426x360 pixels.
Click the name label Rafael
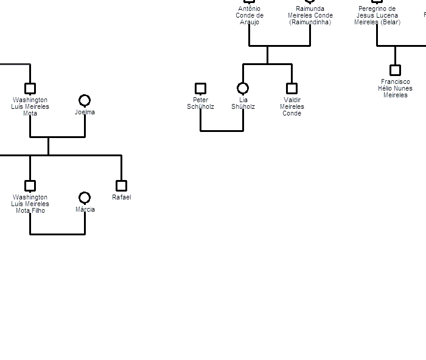[122, 198]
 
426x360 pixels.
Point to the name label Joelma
[85, 112]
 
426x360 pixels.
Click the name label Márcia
[85, 209]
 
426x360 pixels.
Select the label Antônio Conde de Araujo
[250, 15]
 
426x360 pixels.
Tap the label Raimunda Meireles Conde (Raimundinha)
[310, 15]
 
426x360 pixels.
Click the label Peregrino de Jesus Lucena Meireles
[377, 15]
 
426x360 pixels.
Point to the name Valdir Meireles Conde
[292, 106]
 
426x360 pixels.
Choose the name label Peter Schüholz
[200, 103]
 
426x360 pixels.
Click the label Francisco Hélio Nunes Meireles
[396, 88]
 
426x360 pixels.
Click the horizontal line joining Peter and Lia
[222, 131]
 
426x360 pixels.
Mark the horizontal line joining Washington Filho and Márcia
[58, 234]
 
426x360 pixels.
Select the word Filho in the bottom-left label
[38, 210]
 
